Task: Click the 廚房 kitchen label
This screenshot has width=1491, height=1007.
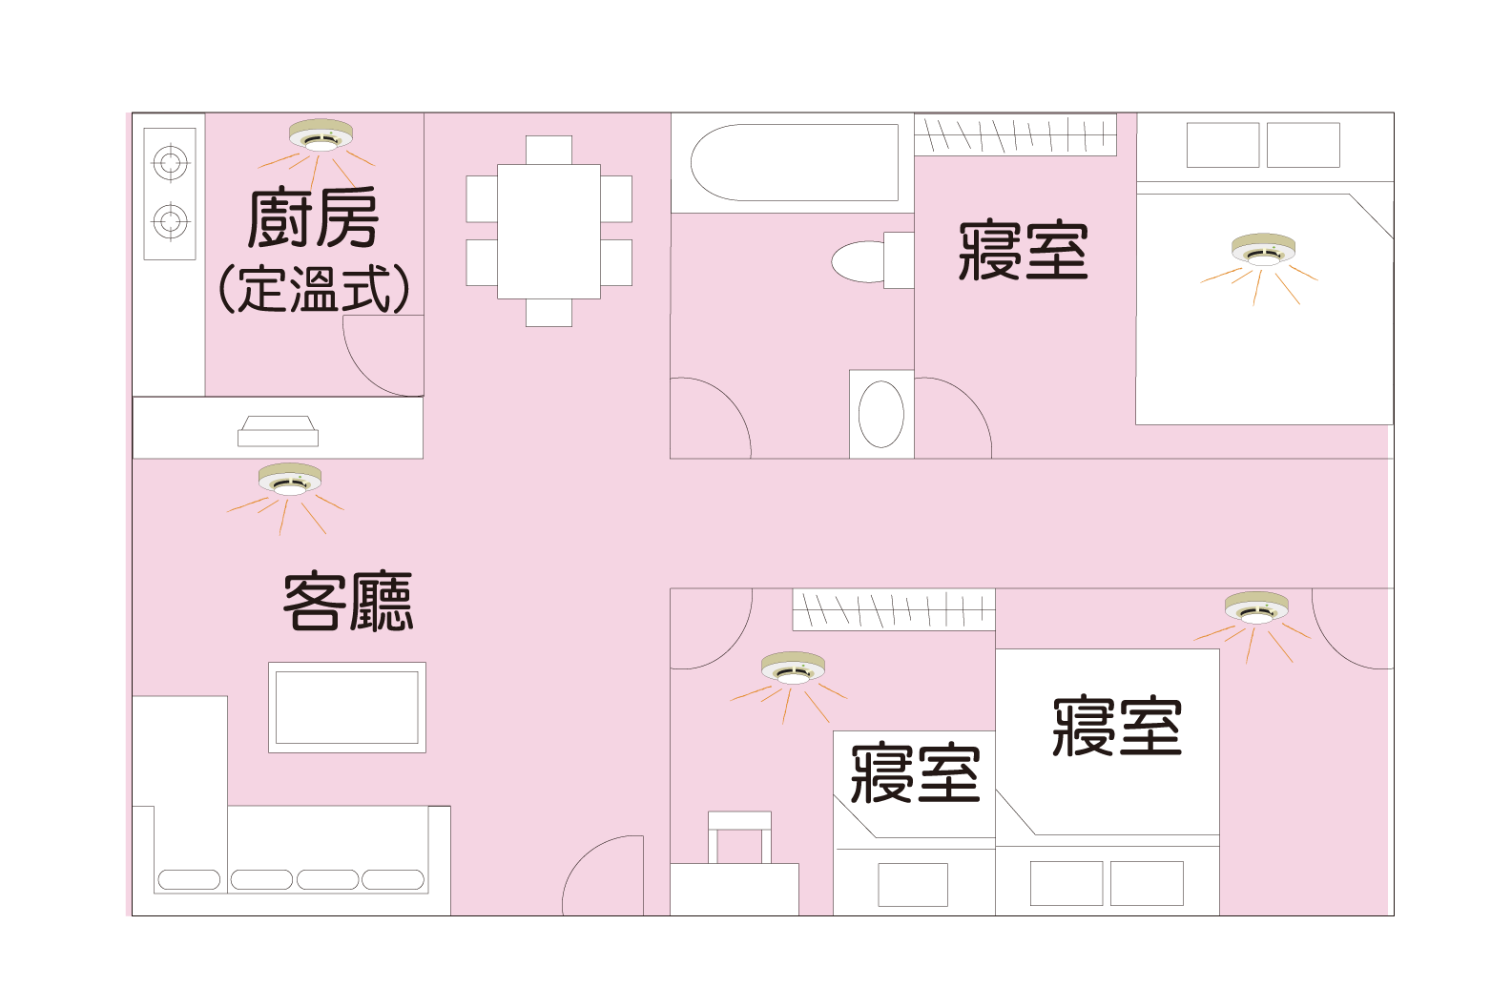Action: [313, 217]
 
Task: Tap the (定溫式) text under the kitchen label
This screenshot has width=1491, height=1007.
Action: [314, 289]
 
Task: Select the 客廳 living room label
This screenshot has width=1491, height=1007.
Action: [348, 601]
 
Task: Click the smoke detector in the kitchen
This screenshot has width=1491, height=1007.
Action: [321, 134]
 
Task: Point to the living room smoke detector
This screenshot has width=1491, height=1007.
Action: [290, 480]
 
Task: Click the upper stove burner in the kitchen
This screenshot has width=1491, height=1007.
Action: [171, 162]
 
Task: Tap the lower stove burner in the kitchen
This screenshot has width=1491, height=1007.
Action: [171, 221]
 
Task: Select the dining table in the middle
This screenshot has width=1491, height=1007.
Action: [549, 232]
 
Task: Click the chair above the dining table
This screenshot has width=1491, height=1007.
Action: [549, 151]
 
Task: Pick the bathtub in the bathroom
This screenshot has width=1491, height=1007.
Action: [794, 162]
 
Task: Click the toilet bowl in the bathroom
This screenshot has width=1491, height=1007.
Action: [859, 261]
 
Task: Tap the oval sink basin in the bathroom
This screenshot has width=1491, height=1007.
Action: [880, 414]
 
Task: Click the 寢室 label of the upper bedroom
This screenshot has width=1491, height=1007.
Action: [1023, 251]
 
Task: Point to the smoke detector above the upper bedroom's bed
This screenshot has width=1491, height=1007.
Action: [1263, 250]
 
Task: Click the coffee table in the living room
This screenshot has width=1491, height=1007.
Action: [347, 708]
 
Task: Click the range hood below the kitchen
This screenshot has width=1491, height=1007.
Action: [279, 431]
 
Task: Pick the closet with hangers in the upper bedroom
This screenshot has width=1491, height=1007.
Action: [1015, 135]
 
